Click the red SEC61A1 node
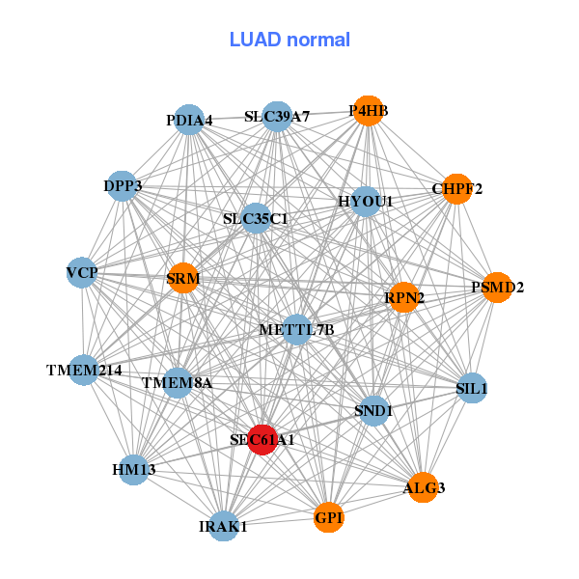[262, 439]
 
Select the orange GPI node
[329, 518]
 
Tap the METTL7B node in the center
[297, 329]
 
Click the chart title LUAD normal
[289, 40]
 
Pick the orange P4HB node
[368, 111]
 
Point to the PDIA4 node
[189, 120]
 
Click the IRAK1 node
[224, 526]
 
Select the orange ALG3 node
[424, 487]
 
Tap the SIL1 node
[472, 388]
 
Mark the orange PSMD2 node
[497, 287]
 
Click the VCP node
[82, 273]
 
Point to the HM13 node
[134, 470]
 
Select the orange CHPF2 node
[456, 188]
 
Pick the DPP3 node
[123, 185]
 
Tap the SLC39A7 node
[277, 117]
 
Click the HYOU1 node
[366, 201]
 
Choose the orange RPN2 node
[404, 298]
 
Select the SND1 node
[373, 411]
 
